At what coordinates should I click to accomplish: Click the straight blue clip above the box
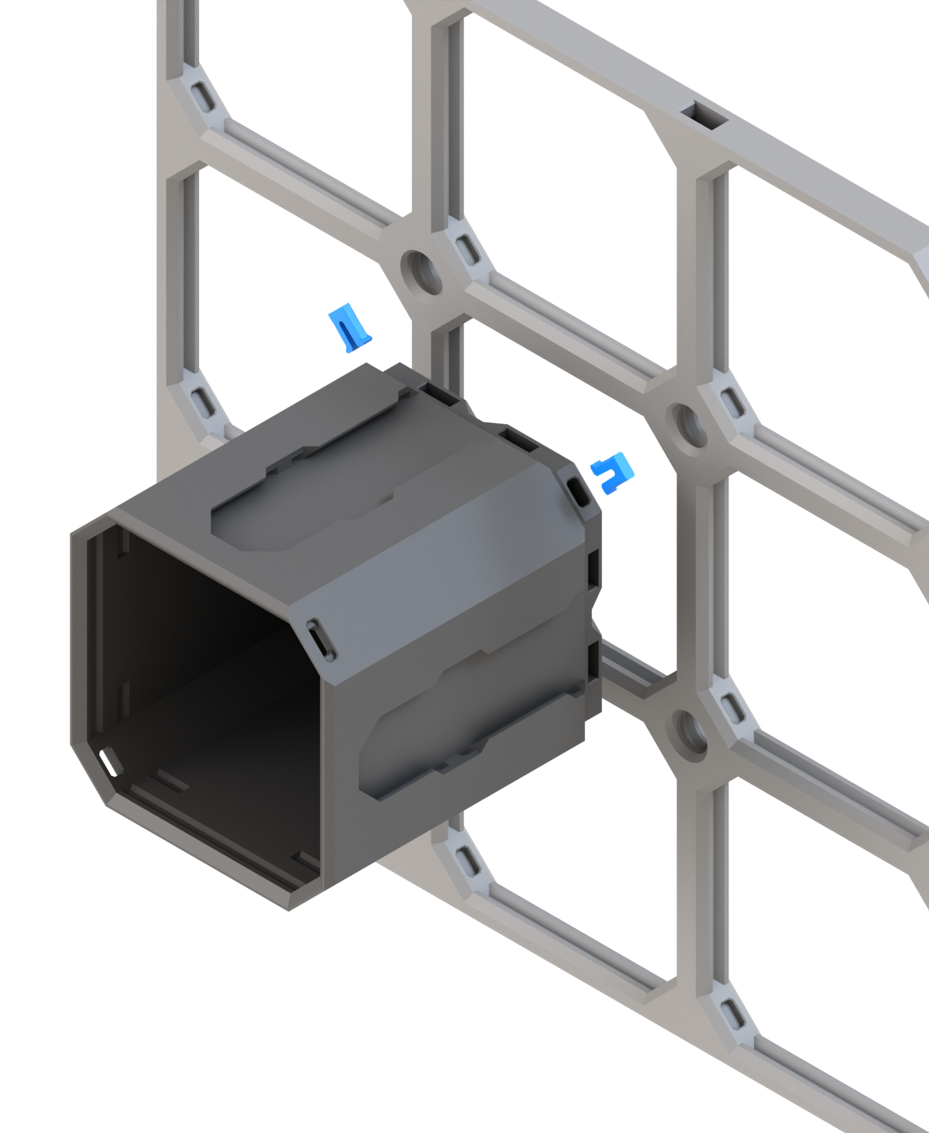350,327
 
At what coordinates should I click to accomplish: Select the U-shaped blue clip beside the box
613,473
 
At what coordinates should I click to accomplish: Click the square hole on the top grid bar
703,115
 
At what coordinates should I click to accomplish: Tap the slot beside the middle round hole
731,401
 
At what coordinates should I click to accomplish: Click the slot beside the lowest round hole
731,707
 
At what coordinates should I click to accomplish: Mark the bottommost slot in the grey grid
731,1014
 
